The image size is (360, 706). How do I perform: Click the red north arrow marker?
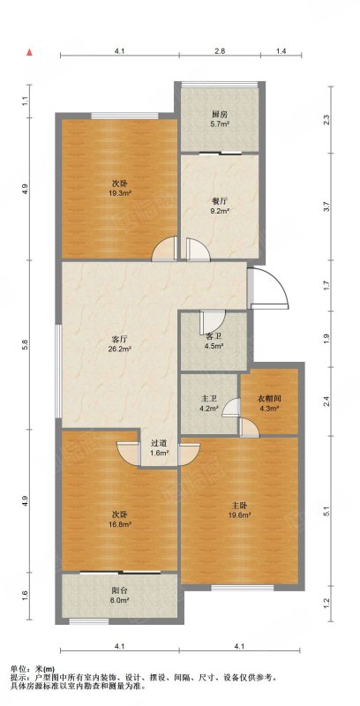pyautogui.click(x=30, y=52)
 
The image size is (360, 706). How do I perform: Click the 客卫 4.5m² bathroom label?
pyautogui.click(x=214, y=342)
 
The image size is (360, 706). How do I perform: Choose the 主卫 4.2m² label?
pyautogui.click(x=209, y=404)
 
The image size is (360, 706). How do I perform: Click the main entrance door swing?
pyautogui.click(x=267, y=289)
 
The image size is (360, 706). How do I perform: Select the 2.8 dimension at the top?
pyautogui.click(x=219, y=51)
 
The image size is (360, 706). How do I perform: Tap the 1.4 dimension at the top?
pyautogui.click(x=281, y=51)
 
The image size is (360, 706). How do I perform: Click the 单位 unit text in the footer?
pyautogui.click(x=16, y=670)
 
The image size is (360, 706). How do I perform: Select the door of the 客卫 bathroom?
pyautogui.click(x=213, y=321)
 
